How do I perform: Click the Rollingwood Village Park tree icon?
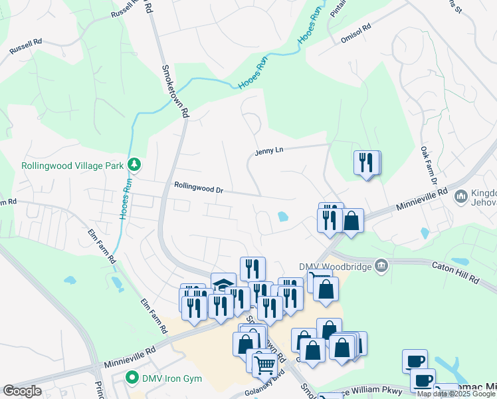tap(134, 164)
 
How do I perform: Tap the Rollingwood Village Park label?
tap(73, 165)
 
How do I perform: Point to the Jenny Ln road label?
tap(268, 152)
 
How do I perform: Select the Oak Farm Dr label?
tap(428, 166)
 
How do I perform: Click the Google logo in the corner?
tap(23, 390)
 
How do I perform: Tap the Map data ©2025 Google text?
tap(456, 394)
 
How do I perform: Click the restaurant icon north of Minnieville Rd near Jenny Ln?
tap(365, 162)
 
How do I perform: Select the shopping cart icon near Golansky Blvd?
tap(264, 362)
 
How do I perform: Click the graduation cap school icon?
tap(223, 285)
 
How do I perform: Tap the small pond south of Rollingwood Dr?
tap(283, 216)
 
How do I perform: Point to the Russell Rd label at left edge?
tap(26, 46)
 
